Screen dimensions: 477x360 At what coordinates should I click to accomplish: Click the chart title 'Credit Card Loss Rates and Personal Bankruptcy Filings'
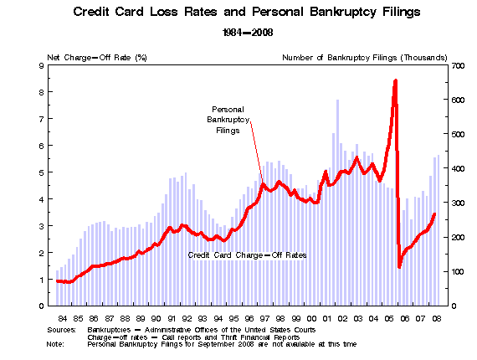pos(247,13)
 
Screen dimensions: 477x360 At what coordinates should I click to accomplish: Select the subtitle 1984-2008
pos(248,33)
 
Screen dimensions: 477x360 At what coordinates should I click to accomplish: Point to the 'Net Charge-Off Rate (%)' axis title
pos(97,58)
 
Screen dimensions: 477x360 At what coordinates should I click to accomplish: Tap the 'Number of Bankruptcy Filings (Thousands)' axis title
pos(364,58)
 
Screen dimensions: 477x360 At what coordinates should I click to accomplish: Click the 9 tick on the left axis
pos(41,65)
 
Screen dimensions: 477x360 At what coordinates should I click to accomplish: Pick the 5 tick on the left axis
pos(41,172)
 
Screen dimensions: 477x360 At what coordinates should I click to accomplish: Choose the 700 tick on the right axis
pos(458,66)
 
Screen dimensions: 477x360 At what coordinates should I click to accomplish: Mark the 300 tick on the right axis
pos(458,203)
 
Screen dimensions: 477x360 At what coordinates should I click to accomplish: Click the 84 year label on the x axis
pos(63,319)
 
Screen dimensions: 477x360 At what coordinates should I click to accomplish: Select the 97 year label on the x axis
pos(264,319)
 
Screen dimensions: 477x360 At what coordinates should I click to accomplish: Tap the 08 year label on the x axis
pos(437,319)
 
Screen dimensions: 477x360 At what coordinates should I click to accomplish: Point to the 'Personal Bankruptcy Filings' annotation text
pos(228,120)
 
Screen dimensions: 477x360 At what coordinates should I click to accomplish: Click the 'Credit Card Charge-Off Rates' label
pos(247,255)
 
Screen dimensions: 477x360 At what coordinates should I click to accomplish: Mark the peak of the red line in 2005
pos(396,80)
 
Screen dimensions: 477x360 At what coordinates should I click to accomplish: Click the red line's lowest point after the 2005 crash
pos(399,266)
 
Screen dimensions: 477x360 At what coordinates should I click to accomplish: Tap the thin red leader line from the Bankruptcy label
pos(257,152)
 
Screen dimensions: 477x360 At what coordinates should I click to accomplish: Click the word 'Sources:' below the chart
pos(61,330)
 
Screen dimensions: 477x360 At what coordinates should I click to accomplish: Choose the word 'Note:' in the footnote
pos(55,344)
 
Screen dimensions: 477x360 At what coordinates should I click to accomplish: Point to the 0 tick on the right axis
pos(454,306)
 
